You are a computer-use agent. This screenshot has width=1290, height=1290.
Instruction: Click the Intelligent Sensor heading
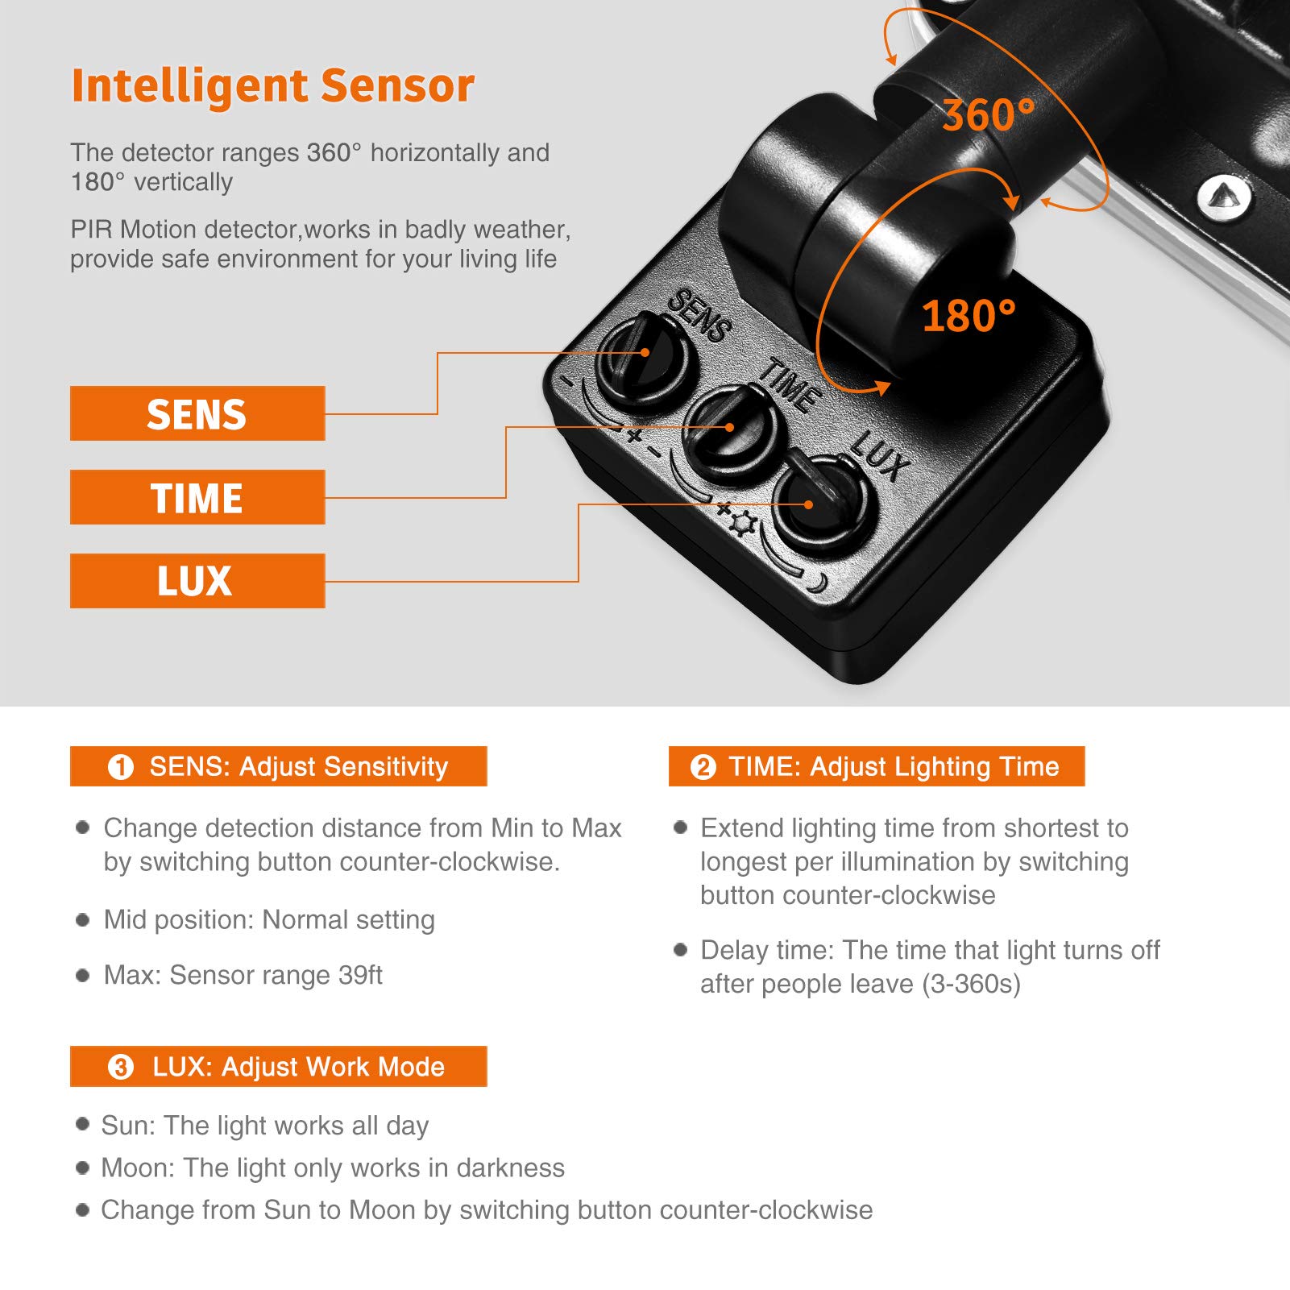[272, 85]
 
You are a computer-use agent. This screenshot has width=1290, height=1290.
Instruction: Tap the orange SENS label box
[197, 413]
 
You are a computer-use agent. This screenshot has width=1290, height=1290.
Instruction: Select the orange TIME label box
[197, 497]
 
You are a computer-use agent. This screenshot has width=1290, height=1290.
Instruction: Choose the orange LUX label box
[197, 581]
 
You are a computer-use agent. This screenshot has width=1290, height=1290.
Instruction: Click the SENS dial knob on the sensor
[642, 356]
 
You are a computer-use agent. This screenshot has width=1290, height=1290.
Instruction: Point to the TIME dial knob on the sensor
[729, 431]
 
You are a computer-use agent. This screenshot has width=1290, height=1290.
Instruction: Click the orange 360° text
[988, 115]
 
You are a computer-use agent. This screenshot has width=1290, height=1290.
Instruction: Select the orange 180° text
[968, 315]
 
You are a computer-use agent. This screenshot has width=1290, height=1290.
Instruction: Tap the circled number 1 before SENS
[121, 766]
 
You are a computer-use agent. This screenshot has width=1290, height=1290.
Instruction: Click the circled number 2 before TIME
[703, 766]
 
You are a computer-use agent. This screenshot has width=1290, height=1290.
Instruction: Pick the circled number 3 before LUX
[121, 1068]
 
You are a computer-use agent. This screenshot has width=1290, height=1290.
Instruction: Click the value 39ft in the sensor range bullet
[359, 975]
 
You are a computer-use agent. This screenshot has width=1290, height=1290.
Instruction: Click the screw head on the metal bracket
[1223, 196]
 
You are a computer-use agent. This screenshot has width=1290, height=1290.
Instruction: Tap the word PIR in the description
[91, 230]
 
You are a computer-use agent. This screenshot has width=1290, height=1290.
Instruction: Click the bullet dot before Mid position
[82, 919]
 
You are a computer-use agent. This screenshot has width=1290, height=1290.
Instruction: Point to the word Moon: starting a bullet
[137, 1168]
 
